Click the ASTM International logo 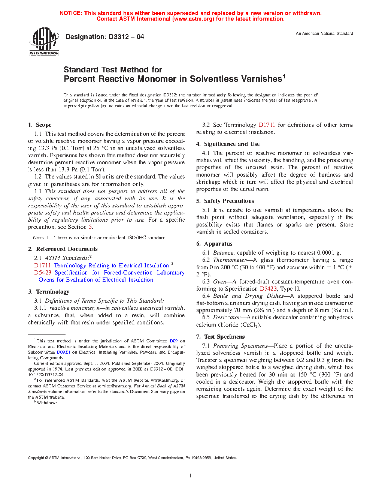point(44,42)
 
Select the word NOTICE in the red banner point(71,13)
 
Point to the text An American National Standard point(324,33)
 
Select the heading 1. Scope point(40,125)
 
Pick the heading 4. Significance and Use point(228,144)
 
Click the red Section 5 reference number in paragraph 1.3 point(90,227)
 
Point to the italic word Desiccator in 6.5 point(227,317)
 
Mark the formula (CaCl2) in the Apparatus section point(250,325)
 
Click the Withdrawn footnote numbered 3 point(47,403)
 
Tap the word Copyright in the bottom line point(36,457)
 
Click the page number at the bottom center point(191,476)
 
